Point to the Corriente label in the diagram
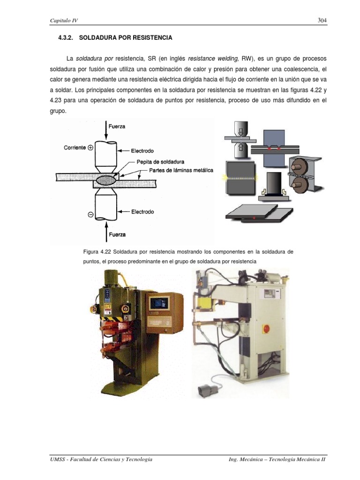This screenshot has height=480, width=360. pos(75,147)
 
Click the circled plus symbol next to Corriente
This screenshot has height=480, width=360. pos(91,147)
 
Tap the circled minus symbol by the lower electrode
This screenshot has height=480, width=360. pos(91,215)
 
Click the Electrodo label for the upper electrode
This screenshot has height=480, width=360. pos(142,150)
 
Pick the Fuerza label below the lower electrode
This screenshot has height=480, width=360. pos(117,234)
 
